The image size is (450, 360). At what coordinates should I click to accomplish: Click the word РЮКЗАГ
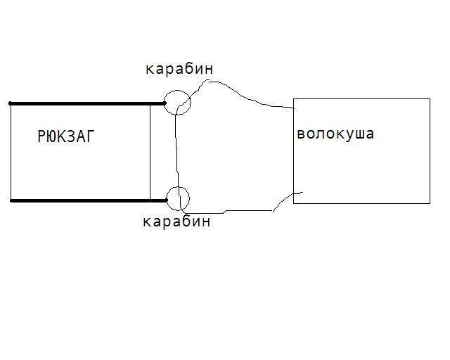tap(65, 137)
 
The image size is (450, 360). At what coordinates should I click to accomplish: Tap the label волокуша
tap(335, 134)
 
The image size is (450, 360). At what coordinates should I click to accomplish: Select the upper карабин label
tap(179, 69)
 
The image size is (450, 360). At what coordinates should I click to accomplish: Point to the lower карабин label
tap(176, 221)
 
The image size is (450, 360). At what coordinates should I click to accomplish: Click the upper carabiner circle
tap(178, 101)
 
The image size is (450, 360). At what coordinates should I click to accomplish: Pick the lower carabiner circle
tap(179, 198)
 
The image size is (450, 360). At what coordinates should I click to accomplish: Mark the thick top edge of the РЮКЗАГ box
tap(84, 103)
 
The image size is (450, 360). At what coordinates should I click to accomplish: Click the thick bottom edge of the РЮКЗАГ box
tap(84, 200)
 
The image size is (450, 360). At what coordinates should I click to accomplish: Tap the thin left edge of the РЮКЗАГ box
tap(11, 151)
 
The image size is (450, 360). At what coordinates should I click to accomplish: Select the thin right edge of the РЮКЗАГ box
tap(150, 151)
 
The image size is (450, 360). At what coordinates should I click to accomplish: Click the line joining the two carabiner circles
tap(176, 151)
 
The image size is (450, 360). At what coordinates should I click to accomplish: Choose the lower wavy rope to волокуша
tap(239, 210)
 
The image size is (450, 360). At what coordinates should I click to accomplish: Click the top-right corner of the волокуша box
tap(430, 99)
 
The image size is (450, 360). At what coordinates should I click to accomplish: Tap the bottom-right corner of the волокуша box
tap(430, 203)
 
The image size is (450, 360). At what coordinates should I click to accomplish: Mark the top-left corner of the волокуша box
tap(293, 99)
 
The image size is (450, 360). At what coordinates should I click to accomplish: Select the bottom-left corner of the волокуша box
tap(293, 203)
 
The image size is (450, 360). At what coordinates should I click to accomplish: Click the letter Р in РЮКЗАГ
tap(41, 137)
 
